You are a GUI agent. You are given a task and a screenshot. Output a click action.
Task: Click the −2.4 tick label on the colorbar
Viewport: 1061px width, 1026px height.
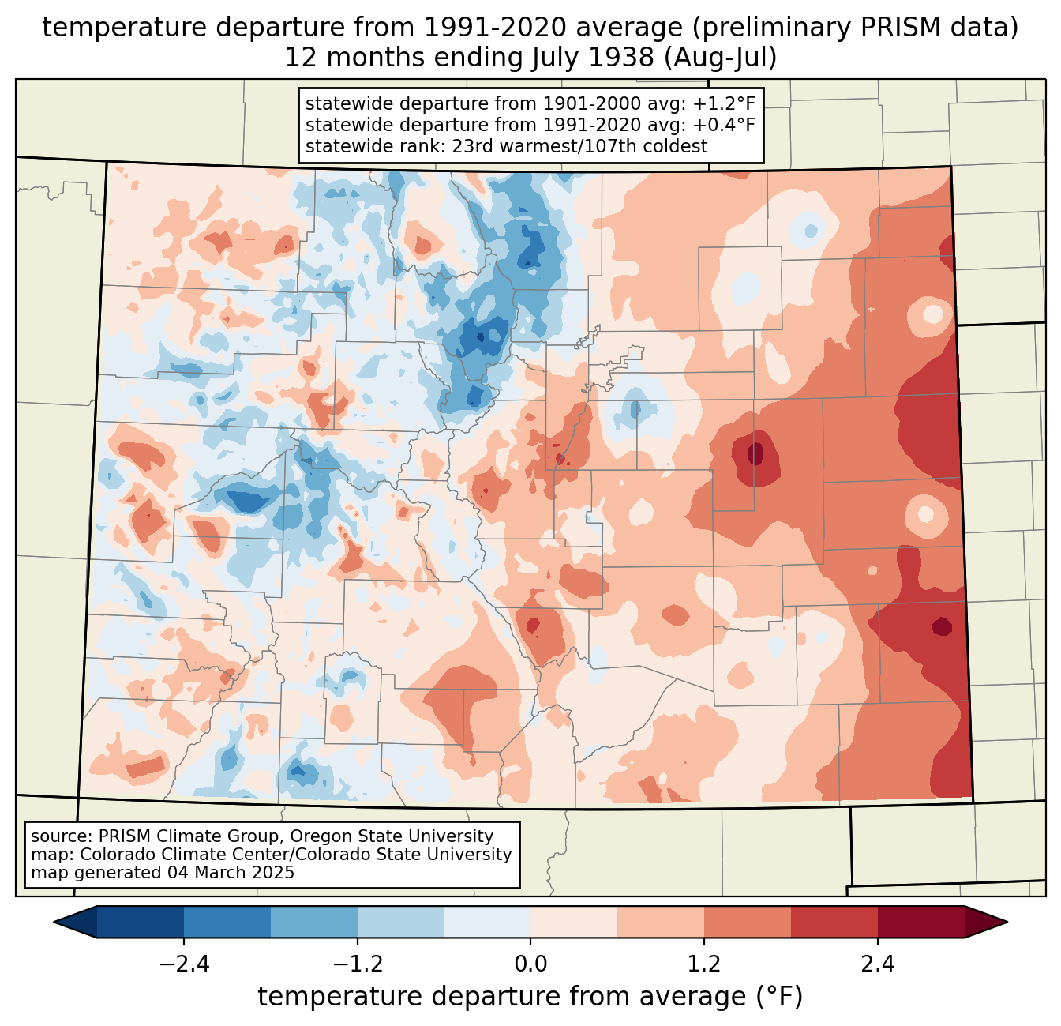184,964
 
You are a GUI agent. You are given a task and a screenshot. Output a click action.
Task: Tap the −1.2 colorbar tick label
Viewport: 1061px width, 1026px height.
358,964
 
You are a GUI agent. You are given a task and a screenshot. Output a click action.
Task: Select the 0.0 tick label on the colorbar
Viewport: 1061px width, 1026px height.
530,964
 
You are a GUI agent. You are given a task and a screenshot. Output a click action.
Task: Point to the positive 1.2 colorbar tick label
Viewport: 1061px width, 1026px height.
704,964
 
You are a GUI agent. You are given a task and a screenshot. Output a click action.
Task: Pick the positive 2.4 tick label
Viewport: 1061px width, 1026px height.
877,964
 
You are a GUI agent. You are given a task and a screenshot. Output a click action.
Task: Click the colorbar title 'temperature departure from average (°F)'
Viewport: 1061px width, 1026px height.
530,996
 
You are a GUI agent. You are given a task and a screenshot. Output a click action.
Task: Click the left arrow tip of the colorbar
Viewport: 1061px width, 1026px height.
54,923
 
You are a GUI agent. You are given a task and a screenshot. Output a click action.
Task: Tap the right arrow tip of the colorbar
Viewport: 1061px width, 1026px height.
1007,923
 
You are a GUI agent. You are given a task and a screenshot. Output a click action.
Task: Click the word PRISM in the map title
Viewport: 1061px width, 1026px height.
894,28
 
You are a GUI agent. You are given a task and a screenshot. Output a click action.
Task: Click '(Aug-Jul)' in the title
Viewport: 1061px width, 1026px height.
720,58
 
